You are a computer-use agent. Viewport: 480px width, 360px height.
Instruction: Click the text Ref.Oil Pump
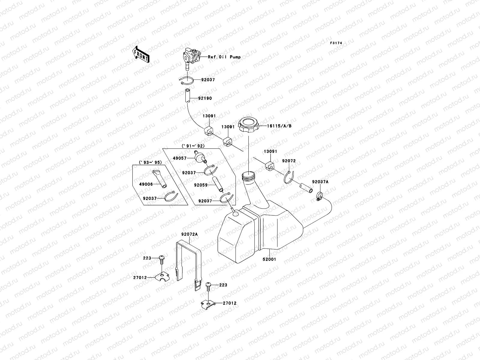pos(224,57)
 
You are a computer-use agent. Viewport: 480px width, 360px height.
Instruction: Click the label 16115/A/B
pos(279,126)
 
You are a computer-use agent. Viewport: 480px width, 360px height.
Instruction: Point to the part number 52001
pos(270,259)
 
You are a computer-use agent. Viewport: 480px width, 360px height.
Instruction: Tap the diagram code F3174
pos(336,43)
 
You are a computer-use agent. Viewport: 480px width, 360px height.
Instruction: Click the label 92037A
pos(320,182)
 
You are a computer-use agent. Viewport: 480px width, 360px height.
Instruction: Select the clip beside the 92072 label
pos(290,178)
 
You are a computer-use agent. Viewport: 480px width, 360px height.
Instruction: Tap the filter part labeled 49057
pos(199,157)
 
